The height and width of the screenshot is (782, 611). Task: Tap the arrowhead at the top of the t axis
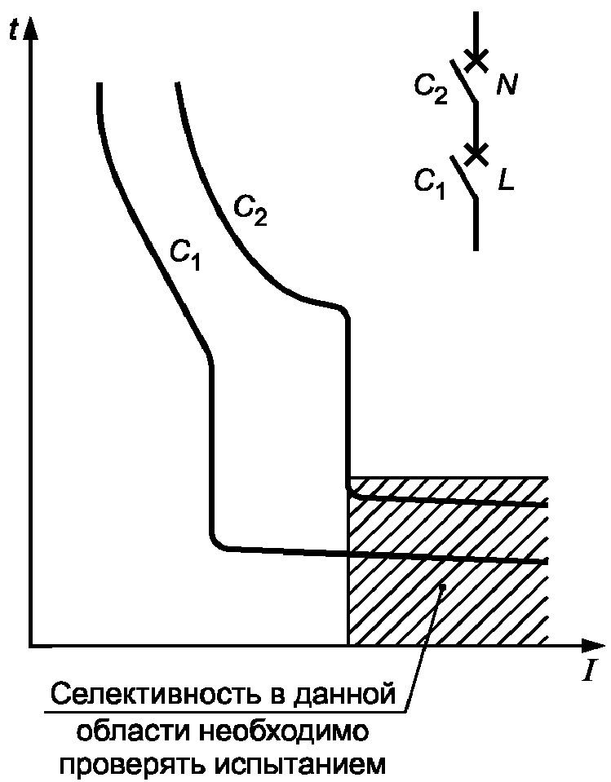(32, 27)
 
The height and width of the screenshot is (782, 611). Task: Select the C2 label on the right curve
(250, 211)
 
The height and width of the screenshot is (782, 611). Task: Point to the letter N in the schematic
(507, 86)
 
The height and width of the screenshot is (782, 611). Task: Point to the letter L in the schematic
(506, 180)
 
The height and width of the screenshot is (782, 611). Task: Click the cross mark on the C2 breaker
(477, 59)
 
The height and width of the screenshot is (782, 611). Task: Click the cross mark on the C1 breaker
(477, 152)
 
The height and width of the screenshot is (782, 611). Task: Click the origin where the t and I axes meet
(31, 646)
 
